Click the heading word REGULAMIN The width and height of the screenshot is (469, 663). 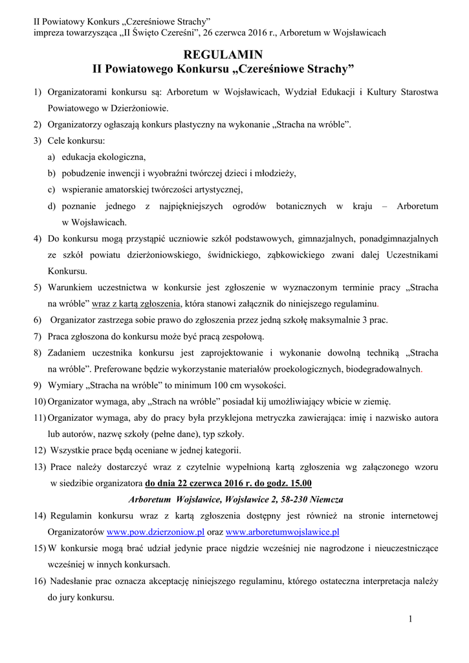pos(223,55)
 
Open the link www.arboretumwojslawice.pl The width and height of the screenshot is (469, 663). pos(283,532)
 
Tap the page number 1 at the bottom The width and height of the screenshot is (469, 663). pos(410,619)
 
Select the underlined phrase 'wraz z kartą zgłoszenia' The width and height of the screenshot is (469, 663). pos(136,302)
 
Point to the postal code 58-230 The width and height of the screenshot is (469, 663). pos(290,500)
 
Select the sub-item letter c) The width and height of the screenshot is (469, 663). pos(51,190)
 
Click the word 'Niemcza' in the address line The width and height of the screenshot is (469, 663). pos(325,500)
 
